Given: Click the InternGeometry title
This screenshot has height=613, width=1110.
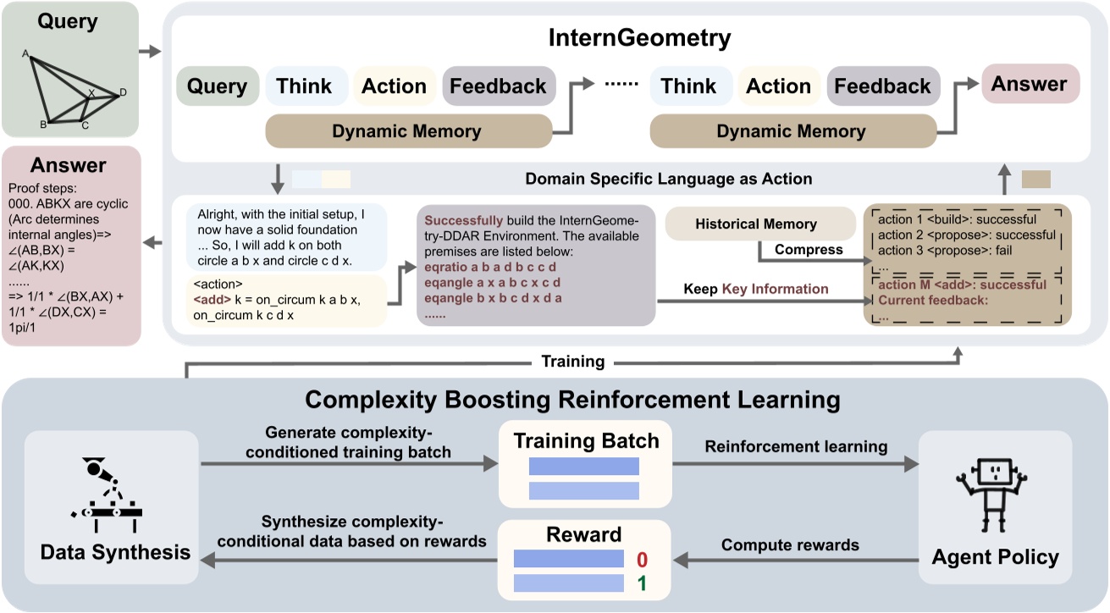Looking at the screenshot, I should pyautogui.click(x=639, y=38).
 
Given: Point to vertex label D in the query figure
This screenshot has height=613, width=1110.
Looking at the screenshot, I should pyautogui.click(x=123, y=92).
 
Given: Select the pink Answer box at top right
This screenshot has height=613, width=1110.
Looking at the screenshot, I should pyautogui.click(x=1030, y=84).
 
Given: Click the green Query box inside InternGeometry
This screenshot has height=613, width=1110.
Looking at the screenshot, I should pyautogui.click(x=217, y=86).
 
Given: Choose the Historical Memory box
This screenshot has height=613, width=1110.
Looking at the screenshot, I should pyautogui.click(x=755, y=224).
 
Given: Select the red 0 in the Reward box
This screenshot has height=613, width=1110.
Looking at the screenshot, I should pyautogui.click(x=641, y=560).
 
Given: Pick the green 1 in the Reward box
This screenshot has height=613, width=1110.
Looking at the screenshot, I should pyautogui.click(x=641, y=583).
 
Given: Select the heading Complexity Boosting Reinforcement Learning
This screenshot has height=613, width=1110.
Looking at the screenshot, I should pyautogui.click(x=572, y=400).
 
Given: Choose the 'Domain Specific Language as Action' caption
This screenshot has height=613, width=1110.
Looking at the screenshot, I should pyautogui.click(x=668, y=179).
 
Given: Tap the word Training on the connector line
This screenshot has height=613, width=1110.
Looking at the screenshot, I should pyautogui.click(x=574, y=362).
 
